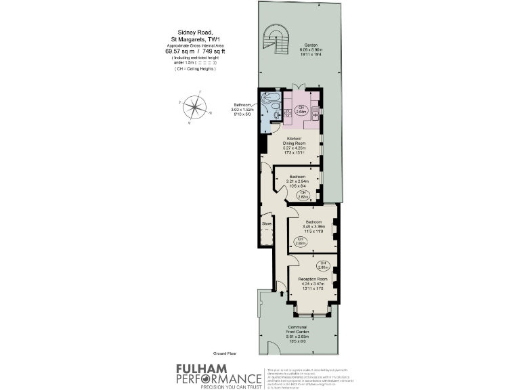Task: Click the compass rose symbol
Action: pos(195,108)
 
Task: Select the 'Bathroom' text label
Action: pos(242,105)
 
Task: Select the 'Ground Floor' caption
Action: pos(224,354)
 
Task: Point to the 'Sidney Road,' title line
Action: pos(195,32)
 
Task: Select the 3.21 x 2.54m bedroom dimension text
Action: pos(298,181)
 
